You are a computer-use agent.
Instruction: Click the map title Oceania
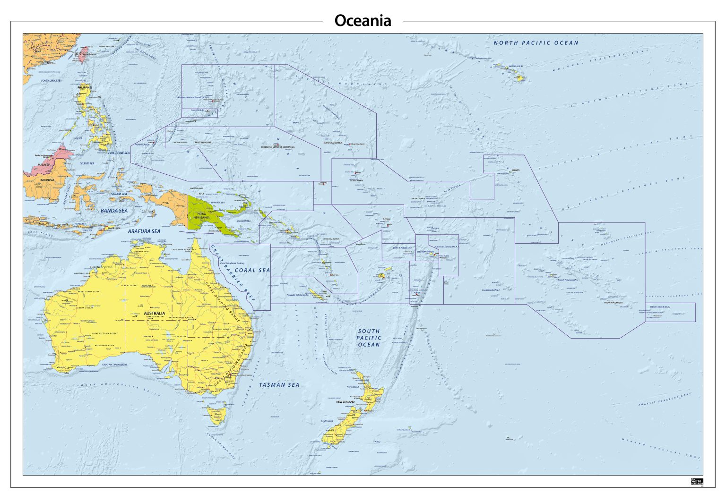point(363,21)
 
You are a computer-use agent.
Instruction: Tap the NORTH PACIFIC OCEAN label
point(536,43)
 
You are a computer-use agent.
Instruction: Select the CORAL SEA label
point(252,271)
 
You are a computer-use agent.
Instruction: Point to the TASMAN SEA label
point(279,385)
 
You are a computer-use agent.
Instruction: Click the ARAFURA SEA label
point(144,231)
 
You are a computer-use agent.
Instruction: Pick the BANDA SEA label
point(114,211)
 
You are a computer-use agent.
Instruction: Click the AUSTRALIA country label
point(154,313)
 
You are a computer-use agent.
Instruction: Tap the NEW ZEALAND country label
point(346,402)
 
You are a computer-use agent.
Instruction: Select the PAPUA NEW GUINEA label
point(201,215)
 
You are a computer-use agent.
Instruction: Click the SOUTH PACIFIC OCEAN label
point(369,338)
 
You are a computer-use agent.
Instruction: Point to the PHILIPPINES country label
point(85,87)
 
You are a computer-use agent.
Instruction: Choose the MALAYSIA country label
point(44,165)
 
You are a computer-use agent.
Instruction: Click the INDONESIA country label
point(47,180)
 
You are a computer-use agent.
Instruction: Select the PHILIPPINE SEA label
point(119,153)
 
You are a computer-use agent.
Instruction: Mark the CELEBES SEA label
point(87,163)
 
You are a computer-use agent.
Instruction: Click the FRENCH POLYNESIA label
point(613,303)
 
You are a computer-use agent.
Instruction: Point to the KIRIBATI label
point(515,170)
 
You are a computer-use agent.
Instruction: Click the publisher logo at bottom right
point(697,481)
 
